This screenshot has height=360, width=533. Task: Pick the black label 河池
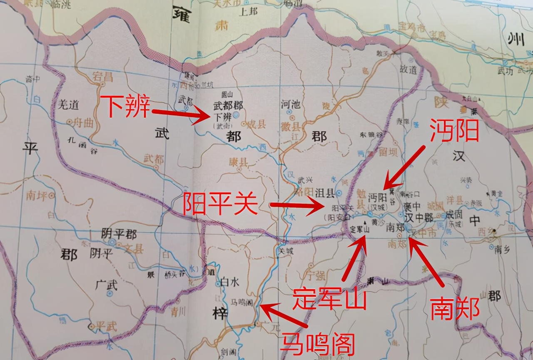[x=291, y=105]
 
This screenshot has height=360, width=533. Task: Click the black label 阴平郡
[x=119, y=234]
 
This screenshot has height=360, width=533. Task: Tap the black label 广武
[x=106, y=285]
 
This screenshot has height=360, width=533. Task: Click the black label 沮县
[x=326, y=192]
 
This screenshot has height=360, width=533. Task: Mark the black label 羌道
[x=68, y=105]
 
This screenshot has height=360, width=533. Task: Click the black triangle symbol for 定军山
[x=365, y=223]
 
